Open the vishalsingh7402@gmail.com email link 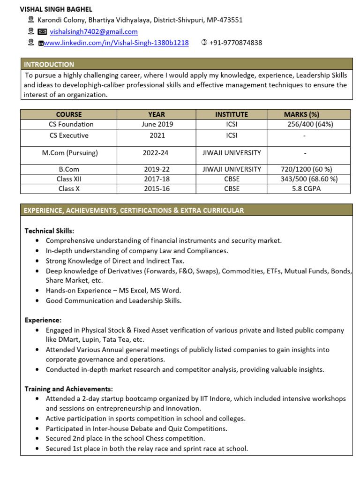click(x=94, y=32)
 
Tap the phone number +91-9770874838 click(x=236, y=43)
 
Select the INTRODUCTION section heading click(x=49, y=65)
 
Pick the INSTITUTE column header click(x=232, y=114)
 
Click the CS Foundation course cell click(x=71, y=124)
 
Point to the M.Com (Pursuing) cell click(x=70, y=153)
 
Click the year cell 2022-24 click(x=156, y=153)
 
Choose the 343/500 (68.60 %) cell click(x=309, y=179)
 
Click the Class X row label click(x=69, y=189)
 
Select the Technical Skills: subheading click(x=49, y=231)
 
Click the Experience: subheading click(x=43, y=320)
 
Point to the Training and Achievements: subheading click(x=68, y=389)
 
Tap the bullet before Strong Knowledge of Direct click(x=37, y=261)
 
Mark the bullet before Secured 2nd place click(x=37, y=439)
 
